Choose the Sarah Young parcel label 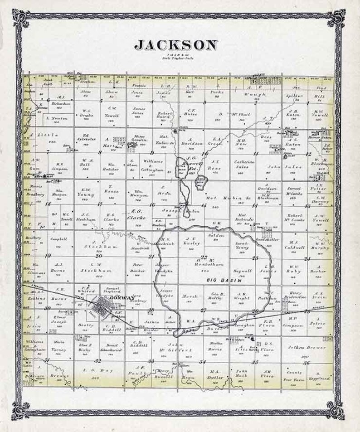click(x=243, y=246)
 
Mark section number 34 click(x=204, y=361)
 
